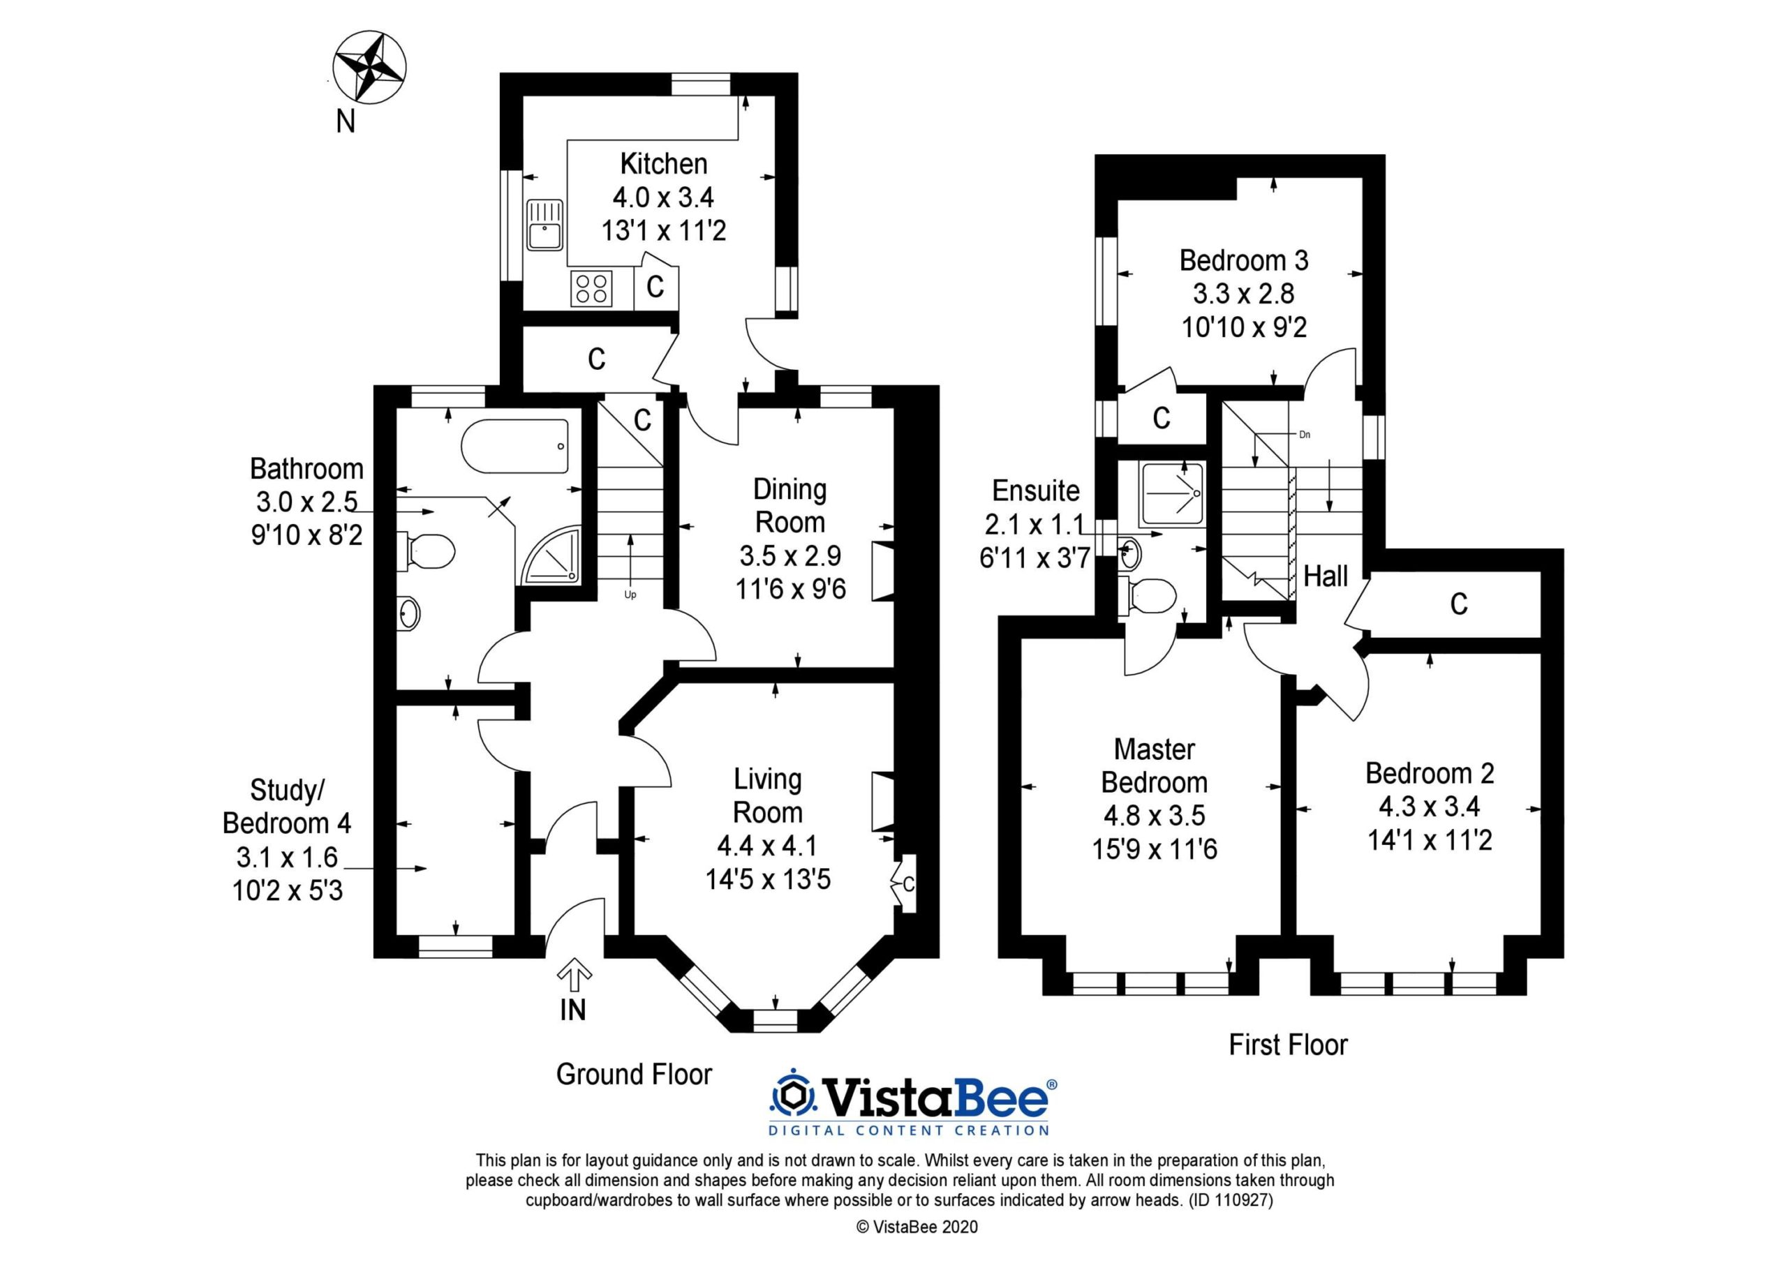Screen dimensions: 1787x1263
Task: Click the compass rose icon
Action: [x=369, y=66]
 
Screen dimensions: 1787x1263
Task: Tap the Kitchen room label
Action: [x=664, y=163]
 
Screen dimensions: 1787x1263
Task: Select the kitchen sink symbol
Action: [x=544, y=225]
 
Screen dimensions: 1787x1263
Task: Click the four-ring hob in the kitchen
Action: [x=591, y=288]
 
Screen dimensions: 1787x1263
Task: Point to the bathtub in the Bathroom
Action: [x=515, y=447]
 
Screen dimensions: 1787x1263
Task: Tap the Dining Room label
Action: [x=789, y=506]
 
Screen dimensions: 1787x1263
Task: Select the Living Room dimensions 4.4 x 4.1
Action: [x=767, y=845]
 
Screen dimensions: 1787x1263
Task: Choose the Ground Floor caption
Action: [x=634, y=1074]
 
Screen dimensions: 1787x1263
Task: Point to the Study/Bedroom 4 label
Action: [x=286, y=806]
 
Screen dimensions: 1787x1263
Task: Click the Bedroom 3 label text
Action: [x=1243, y=260]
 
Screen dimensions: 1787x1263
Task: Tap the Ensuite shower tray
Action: [x=1171, y=493]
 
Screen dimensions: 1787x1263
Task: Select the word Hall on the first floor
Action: [x=1326, y=576]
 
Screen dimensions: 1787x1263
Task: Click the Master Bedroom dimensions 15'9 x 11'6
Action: [x=1155, y=849]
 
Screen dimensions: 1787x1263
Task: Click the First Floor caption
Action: [x=1288, y=1045]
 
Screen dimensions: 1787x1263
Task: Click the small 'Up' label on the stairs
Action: [x=630, y=595]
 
